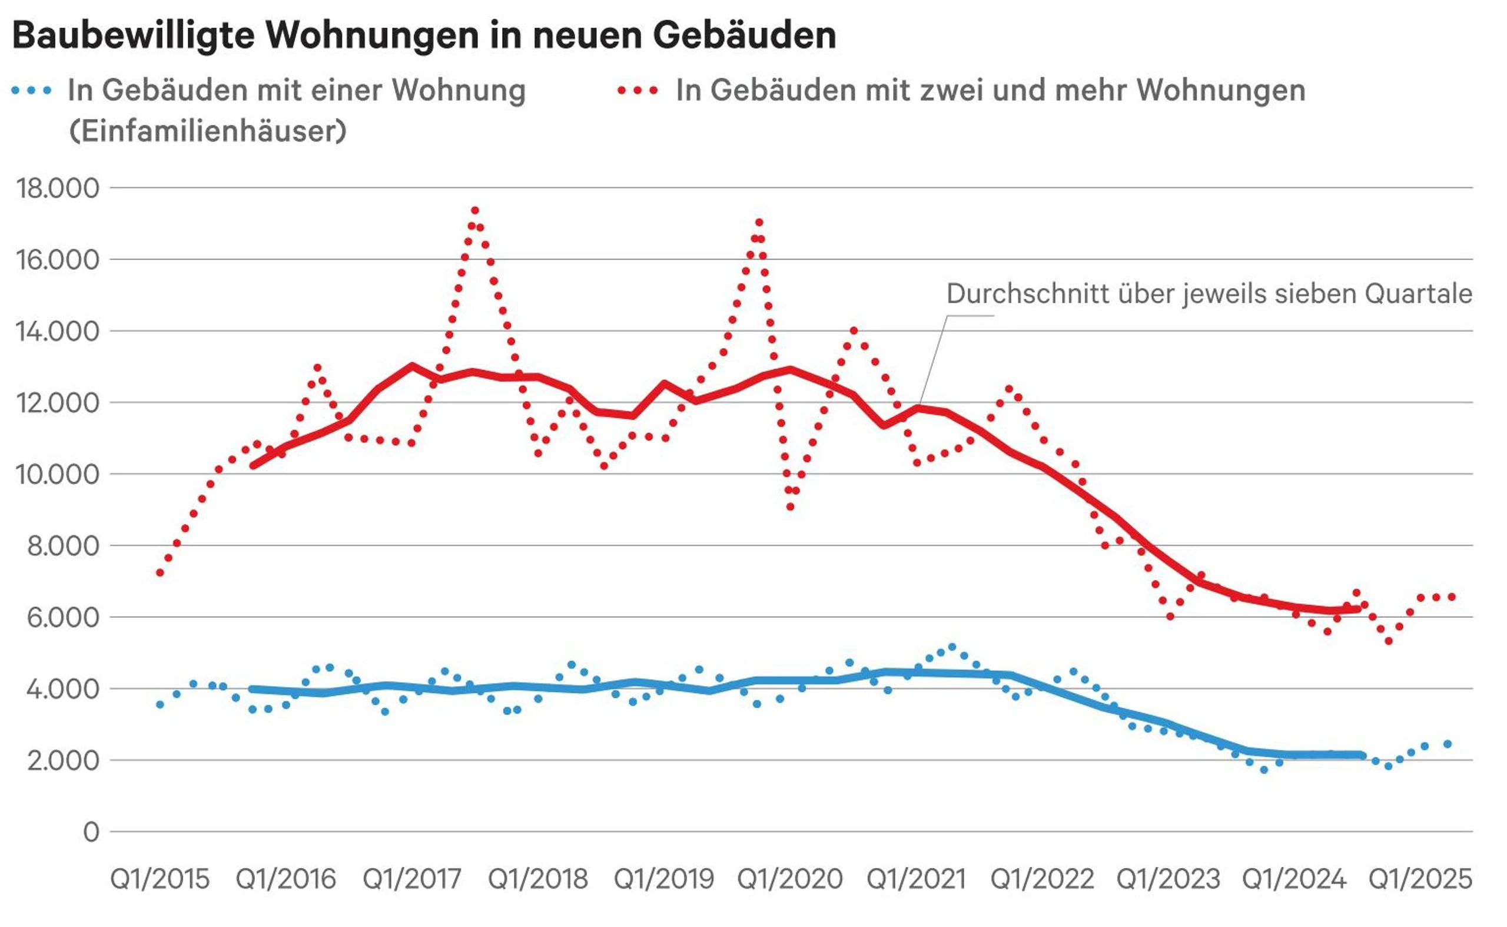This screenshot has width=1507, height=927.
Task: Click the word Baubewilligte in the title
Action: tap(134, 35)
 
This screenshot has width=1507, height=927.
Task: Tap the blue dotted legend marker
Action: tap(31, 91)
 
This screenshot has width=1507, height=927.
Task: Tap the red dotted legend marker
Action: tap(638, 91)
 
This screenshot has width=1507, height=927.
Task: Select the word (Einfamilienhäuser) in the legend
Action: tap(208, 131)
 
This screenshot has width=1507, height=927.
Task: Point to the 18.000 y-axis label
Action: tap(58, 188)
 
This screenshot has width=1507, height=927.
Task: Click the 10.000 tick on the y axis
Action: tap(58, 475)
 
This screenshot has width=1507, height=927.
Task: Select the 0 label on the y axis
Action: tap(91, 832)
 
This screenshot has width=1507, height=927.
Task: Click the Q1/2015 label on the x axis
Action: tap(160, 879)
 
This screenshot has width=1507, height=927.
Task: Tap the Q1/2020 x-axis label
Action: tap(790, 879)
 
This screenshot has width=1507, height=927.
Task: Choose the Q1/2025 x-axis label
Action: tap(1420, 879)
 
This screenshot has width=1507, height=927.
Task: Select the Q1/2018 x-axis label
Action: tap(537, 879)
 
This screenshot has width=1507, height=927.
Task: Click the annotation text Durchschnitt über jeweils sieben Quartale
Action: tap(1209, 294)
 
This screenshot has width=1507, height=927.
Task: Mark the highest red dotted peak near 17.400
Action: tap(474, 210)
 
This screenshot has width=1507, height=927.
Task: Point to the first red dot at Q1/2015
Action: tap(160, 572)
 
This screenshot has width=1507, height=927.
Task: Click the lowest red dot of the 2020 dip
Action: tap(791, 507)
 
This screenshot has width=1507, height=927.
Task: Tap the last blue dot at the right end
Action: tap(1448, 744)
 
